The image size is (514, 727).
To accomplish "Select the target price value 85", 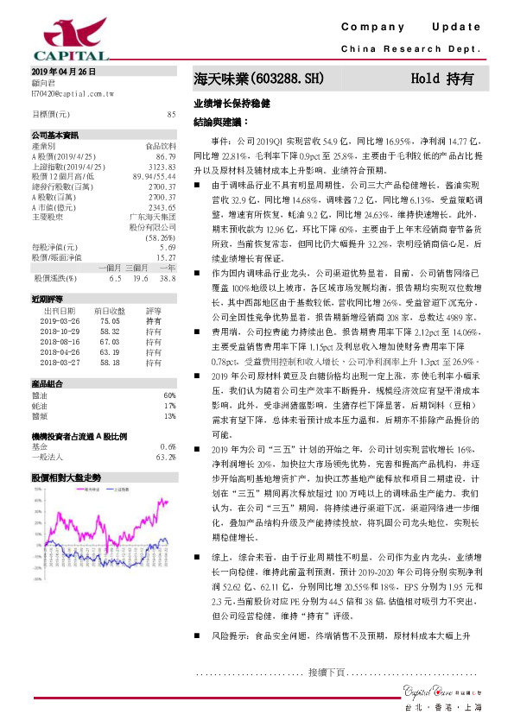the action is [171, 114].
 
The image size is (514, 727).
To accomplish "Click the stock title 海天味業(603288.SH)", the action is [258, 78].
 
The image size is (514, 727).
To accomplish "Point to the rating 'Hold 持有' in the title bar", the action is [441, 78].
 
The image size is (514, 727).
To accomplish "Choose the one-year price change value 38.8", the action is [168, 279].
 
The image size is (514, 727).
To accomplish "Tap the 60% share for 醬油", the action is [169, 395].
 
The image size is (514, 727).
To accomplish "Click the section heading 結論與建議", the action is [220, 123].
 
